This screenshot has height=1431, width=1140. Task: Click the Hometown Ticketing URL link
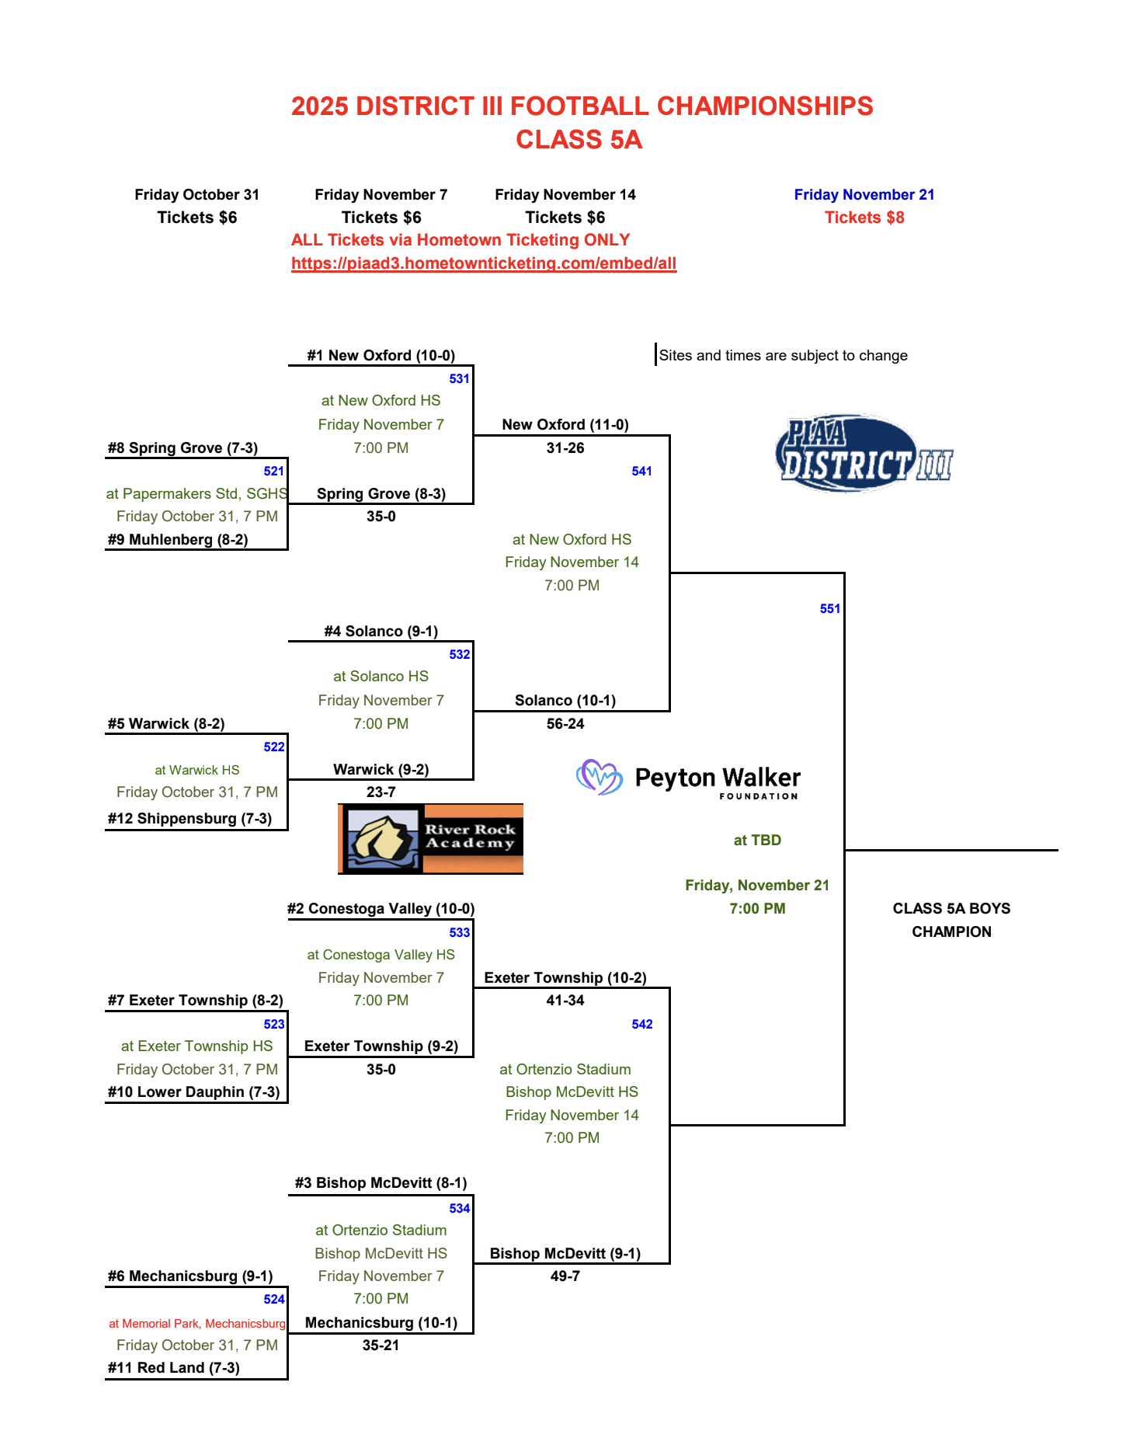(484, 263)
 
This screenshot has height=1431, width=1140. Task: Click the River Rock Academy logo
(431, 839)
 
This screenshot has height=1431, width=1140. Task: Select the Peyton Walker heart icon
(599, 777)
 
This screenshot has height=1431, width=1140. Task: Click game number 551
(829, 608)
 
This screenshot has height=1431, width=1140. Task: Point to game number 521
(273, 471)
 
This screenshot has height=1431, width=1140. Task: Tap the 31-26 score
(565, 447)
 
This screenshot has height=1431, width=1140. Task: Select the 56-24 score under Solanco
(565, 723)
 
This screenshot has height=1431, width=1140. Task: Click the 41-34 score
(565, 1000)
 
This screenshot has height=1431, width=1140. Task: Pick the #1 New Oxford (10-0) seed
(381, 355)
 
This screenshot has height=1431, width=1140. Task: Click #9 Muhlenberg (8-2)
(178, 539)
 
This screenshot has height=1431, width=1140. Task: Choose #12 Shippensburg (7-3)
(189, 818)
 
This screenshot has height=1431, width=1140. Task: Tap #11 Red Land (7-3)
(174, 1367)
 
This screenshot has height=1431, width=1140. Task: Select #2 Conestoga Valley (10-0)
(381, 908)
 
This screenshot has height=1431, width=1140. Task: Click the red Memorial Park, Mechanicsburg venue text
(197, 1323)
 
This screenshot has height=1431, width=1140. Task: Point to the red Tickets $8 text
(864, 218)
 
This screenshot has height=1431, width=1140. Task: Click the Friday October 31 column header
(196, 194)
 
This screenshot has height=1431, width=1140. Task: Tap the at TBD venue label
(757, 840)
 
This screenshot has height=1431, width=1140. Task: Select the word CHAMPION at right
(951, 931)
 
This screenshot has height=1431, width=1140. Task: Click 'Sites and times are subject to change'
(783, 355)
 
